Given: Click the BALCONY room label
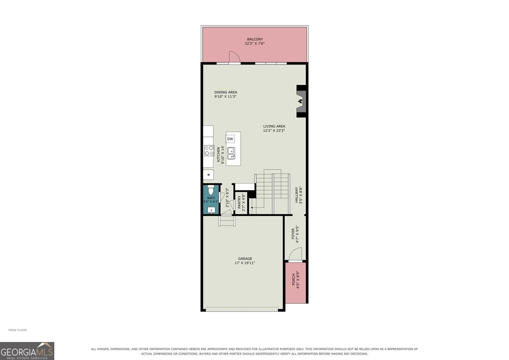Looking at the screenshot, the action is (255, 39).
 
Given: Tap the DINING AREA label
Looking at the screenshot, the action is (226, 92).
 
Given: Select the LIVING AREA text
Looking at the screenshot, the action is (274, 126).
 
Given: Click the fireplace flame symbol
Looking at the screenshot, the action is (300, 101).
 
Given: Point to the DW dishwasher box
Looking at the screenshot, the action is (230, 139).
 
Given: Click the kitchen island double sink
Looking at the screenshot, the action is (231, 153).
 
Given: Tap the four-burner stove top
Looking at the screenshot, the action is (209, 150).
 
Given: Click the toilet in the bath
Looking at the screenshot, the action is (211, 189).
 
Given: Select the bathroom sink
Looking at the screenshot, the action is (211, 210).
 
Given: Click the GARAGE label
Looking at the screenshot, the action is (245, 258).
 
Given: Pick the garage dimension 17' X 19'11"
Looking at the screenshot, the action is (245, 263).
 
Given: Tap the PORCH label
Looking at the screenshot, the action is (294, 279).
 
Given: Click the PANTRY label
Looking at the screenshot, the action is (239, 202).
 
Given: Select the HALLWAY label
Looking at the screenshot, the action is (296, 195).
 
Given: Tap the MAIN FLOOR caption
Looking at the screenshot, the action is (18, 330).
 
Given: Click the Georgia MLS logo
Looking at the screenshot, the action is (27, 351).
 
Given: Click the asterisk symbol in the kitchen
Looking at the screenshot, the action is (209, 175).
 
